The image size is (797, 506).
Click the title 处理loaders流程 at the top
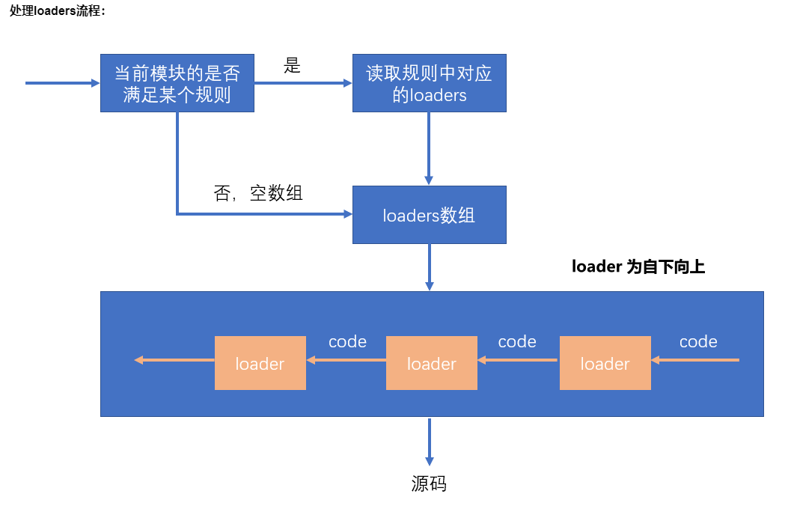pos(57,10)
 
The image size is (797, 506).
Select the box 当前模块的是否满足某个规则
pos(177,83)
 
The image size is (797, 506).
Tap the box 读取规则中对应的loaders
pos(430,83)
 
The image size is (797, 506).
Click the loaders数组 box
pos(430,215)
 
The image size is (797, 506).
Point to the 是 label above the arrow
pos(293,65)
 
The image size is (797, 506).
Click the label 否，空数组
pos(258,193)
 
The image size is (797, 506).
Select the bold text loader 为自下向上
pos(638,266)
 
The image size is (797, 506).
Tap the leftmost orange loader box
pos(260,363)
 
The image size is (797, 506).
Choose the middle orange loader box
pos(432,363)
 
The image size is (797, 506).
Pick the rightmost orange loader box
pos(605,363)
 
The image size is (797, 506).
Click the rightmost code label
pos(698,342)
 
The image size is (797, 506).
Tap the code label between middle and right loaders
pos(517,342)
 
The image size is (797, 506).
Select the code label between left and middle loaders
pos(348,342)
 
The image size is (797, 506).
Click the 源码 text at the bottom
pos(429,484)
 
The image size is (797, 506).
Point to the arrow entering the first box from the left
pos(63,83)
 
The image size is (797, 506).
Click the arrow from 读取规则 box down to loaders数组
pos(429,148)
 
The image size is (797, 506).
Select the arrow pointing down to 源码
pos(430,442)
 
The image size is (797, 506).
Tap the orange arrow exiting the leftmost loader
pos(174,360)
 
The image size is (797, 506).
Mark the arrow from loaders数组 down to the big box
pos(430,267)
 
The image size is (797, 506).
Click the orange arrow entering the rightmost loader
pos(695,360)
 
